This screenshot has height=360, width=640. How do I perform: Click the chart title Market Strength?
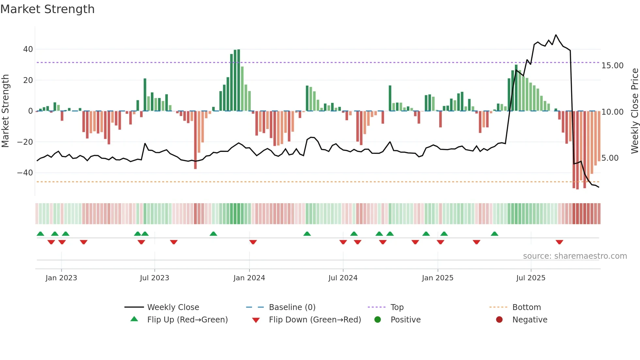coord(47,9)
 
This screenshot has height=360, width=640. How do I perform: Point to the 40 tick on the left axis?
coord(28,49)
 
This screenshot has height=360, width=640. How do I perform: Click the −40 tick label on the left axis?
coord(25,173)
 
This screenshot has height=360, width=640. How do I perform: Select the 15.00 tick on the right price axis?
coord(612,66)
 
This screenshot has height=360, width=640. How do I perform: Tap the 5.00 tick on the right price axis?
coord(610,158)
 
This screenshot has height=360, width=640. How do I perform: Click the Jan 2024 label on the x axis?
coord(249,278)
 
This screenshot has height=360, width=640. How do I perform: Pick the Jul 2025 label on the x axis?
coord(531,278)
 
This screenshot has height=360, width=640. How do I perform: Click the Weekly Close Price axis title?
coord(634,111)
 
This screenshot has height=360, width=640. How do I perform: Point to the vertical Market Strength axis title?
coord(5,111)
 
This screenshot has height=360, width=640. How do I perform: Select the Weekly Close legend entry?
coord(173,307)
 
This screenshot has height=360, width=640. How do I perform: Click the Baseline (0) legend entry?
coord(292,307)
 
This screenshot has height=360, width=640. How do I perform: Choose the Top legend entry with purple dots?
coord(397,307)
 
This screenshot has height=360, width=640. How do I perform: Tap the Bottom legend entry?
coord(526,307)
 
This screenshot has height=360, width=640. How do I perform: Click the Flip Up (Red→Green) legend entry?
coord(187,320)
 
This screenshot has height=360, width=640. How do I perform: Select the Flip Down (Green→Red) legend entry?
coord(315,320)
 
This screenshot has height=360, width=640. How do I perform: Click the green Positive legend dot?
coord(378,320)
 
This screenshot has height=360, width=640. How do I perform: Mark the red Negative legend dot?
coord(499,320)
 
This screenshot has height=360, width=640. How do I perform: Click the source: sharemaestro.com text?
coord(575,256)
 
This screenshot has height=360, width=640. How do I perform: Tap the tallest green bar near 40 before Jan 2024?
coord(239,80)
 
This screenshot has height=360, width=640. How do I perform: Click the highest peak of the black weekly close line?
coord(556,35)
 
